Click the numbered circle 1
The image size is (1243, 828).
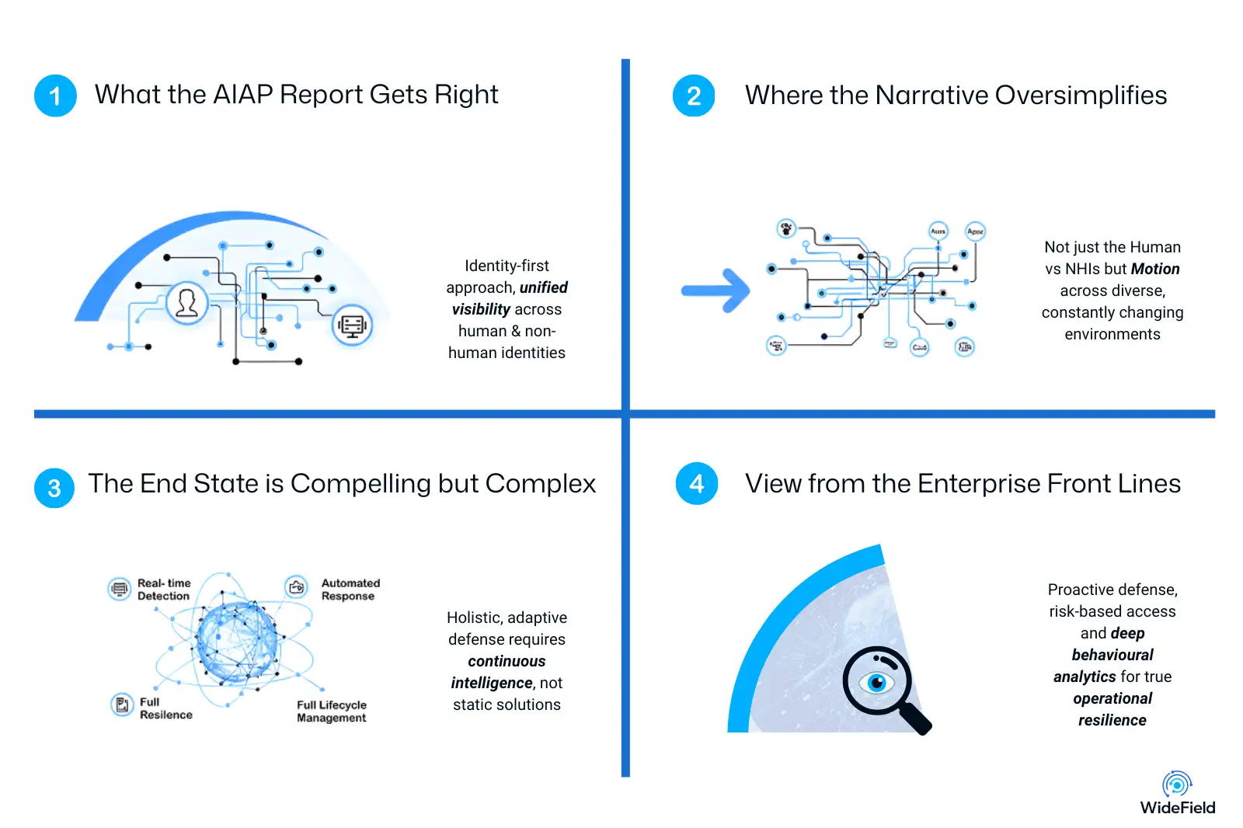tap(55, 96)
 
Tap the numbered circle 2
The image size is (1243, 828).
tap(694, 96)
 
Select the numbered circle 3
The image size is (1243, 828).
tap(54, 488)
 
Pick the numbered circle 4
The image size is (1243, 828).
tap(697, 484)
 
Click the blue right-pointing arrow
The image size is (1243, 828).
tap(716, 291)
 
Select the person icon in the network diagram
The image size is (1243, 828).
tap(187, 302)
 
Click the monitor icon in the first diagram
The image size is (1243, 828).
tap(352, 325)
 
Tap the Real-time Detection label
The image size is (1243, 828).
tap(163, 590)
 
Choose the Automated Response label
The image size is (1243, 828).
tap(350, 590)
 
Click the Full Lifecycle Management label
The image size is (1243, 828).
tap(332, 711)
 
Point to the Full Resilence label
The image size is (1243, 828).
tap(165, 708)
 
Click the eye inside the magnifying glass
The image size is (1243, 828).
tap(877, 683)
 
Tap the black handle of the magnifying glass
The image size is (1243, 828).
tap(917, 718)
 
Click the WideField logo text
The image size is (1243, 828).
tap(1177, 808)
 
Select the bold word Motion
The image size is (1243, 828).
tap(1155, 269)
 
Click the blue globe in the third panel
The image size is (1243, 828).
tap(236, 642)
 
